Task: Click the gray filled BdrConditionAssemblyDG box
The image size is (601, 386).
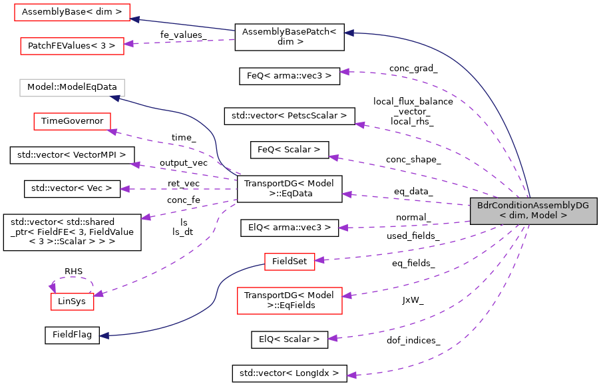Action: [533, 211]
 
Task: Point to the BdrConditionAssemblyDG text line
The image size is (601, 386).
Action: [533, 206]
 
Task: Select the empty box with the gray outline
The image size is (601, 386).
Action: [72, 88]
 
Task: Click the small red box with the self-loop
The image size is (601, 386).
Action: [73, 301]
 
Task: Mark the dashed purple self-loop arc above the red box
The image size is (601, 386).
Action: [72, 278]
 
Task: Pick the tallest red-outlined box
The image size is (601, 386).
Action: [290, 301]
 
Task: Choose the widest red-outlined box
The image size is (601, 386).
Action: [72, 12]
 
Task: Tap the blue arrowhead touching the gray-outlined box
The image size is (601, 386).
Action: [114, 98]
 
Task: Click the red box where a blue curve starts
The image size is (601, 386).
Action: [290, 262]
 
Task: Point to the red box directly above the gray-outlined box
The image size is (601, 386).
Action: [72, 46]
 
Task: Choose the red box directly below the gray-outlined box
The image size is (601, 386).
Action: [72, 121]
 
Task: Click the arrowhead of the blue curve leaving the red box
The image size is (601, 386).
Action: [104, 336]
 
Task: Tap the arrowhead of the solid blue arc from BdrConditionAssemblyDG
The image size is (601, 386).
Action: [349, 33]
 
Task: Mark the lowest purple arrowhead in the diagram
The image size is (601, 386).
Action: [351, 375]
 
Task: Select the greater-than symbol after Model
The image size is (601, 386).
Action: [564, 216]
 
